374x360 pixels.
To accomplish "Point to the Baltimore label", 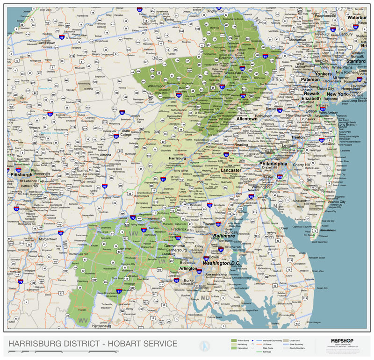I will coord(224,236).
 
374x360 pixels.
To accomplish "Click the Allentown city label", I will coord(246,119).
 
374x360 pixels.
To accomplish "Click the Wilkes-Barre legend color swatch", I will coord(233,340).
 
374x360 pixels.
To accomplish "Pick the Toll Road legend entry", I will coord(266,351).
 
